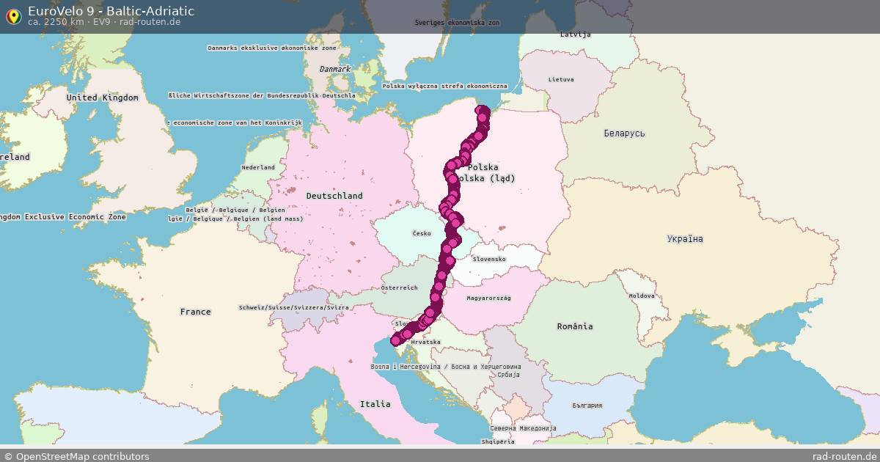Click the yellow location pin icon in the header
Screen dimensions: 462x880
13,16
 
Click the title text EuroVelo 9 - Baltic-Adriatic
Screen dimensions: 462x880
111,11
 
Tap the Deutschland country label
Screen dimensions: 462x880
334,196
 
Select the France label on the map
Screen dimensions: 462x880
195,312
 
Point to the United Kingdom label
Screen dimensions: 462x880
102,98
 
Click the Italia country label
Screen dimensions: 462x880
375,404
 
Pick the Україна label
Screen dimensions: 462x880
685,239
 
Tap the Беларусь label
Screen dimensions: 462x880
624,133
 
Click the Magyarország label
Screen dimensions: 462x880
488,298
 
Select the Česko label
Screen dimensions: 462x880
422,234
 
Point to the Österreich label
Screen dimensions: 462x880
399,288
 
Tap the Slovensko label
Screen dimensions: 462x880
489,259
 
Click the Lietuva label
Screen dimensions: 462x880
561,79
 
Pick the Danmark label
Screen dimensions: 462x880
335,69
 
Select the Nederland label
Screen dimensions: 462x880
258,167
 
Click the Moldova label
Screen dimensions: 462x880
641,296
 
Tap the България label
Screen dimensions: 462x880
587,406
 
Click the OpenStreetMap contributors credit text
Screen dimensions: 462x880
76,456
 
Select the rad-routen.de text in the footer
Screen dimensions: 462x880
844,456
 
